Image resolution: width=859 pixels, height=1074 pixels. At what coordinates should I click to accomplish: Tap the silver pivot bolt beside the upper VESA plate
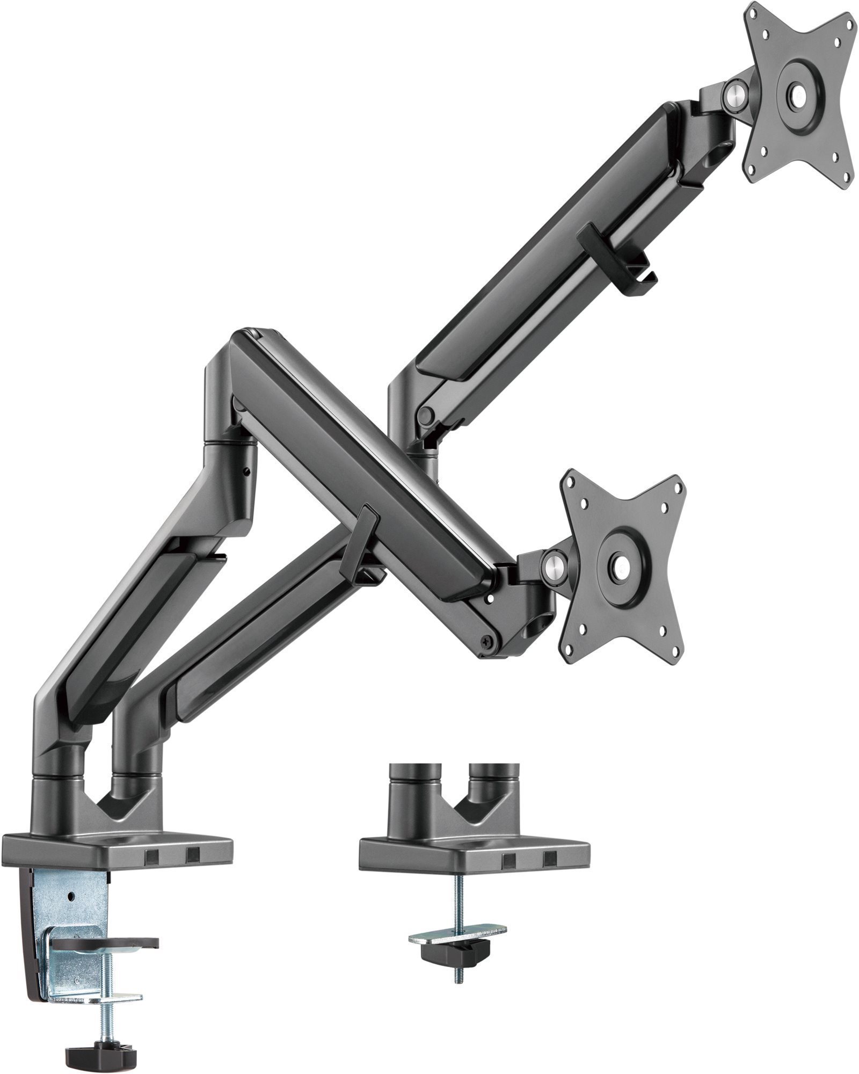[x=734, y=95]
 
